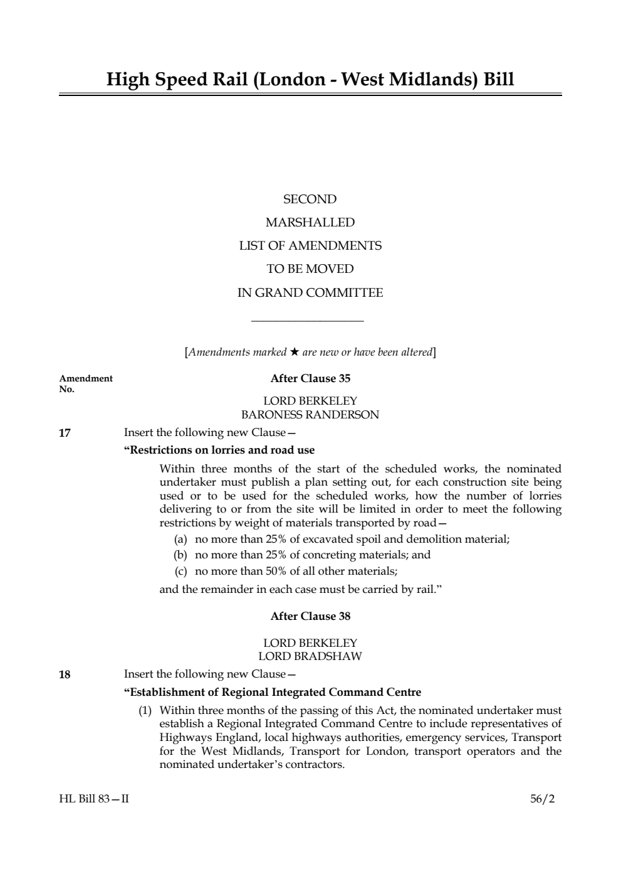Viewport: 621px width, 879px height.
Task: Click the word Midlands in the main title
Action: point(430,80)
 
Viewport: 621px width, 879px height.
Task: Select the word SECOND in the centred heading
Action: point(310,200)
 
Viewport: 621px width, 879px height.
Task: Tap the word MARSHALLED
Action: point(310,223)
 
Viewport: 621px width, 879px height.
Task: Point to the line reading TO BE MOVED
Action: point(310,269)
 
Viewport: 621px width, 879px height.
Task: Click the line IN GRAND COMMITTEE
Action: point(310,293)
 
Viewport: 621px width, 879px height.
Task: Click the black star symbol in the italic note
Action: point(295,352)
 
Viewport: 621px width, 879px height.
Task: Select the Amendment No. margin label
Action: point(85,383)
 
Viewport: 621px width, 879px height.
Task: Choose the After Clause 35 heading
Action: point(310,378)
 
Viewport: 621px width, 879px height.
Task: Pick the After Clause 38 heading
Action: point(310,616)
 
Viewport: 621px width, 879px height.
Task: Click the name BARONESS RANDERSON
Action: point(310,415)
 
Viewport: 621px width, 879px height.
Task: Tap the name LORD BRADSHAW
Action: point(310,656)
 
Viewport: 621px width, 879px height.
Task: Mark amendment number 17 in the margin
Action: point(65,433)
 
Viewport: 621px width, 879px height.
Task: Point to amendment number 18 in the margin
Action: point(65,675)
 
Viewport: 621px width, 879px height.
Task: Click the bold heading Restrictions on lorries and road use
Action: point(219,450)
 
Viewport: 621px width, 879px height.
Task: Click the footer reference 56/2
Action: point(542,799)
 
